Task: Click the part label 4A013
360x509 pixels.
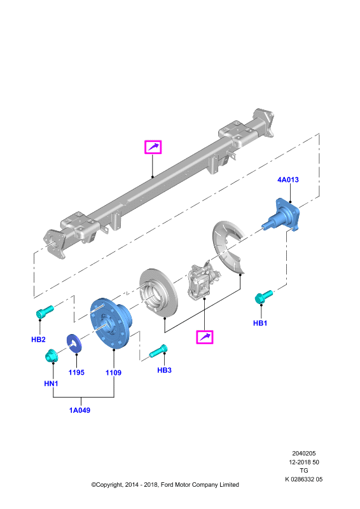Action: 288,180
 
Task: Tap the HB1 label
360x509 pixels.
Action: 260,323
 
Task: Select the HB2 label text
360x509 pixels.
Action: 38,340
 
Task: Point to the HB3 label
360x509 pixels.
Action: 164,370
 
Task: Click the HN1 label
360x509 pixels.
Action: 51,384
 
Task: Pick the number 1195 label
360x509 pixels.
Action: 76,373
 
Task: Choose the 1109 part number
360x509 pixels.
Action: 113,373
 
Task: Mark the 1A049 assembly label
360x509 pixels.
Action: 80,410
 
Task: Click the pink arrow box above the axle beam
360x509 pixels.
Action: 153,147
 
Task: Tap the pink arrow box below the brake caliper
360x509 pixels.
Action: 205,337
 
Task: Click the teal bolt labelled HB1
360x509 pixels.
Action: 263,296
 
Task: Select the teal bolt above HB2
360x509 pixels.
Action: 44,312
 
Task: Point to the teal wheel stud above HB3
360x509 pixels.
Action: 158,351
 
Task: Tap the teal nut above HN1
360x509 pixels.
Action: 52,356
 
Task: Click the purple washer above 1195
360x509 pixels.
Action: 74,343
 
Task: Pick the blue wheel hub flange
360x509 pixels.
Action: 111,323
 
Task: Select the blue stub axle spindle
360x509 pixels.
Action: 281,215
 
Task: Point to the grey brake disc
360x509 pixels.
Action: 159,293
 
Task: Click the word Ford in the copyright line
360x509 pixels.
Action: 167,485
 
